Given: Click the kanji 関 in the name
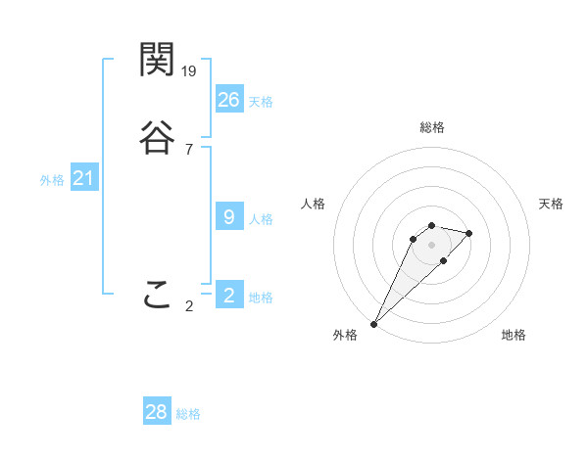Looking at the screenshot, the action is [x=157, y=61].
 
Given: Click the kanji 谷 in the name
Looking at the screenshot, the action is [x=157, y=138].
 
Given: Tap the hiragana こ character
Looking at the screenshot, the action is [x=157, y=296].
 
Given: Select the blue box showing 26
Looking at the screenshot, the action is [x=229, y=99].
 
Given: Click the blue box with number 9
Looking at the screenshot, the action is [x=229, y=217].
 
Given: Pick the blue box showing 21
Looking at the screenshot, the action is [x=84, y=178].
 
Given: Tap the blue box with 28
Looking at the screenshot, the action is [x=157, y=412].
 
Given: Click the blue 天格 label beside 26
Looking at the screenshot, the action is [x=261, y=102].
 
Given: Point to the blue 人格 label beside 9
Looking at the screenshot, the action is [x=261, y=219].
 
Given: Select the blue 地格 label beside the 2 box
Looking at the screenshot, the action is [x=261, y=298].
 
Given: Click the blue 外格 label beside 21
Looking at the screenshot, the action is [x=52, y=180].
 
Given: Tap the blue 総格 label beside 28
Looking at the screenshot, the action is [x=188, y=415].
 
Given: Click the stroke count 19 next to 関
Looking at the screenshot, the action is [x=190, y=71].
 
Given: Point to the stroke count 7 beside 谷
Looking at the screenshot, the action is [x=188, y=150].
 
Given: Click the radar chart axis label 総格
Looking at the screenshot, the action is [x=431, y=127].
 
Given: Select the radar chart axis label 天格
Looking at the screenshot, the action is [x=551, y=204].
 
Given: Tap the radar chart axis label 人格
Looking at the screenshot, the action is [x=313, y=204].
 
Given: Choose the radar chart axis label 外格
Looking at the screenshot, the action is [x=345, y=336].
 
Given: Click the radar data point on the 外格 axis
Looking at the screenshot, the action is [x=373, y=323].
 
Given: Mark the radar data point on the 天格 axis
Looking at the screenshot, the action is [x=469, y=233].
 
